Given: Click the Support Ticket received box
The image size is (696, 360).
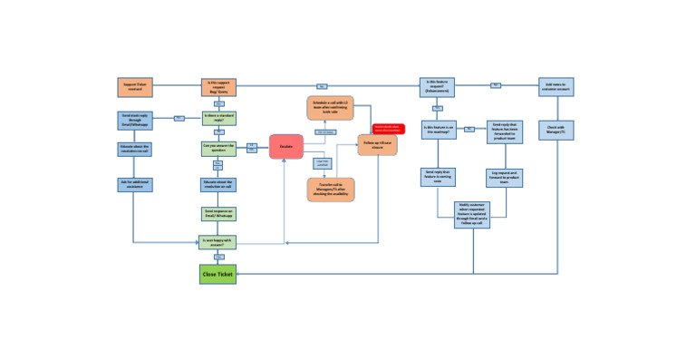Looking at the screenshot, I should coord(133,87).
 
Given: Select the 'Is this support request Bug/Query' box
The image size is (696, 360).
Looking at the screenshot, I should coord(217,87).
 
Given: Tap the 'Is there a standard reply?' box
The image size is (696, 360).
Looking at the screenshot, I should coord(217,118).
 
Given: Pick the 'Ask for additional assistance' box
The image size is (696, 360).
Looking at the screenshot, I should coord(133,184).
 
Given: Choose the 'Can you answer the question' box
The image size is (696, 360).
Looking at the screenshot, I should coord(217,148).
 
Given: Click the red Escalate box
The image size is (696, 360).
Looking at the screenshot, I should coord(285,148).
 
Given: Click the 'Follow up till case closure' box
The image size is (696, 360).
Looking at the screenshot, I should coord(377,145).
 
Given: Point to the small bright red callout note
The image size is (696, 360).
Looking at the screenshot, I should coord(388,129).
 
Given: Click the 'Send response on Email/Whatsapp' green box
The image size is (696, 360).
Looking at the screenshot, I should coord(217,214).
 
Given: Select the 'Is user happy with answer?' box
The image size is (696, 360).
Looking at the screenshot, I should coord(217,242).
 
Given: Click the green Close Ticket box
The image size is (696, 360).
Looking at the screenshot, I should coord(217,273).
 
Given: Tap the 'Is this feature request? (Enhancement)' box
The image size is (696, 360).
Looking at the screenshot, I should coord(437,86).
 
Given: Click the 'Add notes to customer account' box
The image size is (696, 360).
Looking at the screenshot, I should coord(556,86).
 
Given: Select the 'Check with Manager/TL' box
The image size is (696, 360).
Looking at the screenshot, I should coord(556,130).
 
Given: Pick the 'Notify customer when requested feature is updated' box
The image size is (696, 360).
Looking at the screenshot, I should coord(471,215).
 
